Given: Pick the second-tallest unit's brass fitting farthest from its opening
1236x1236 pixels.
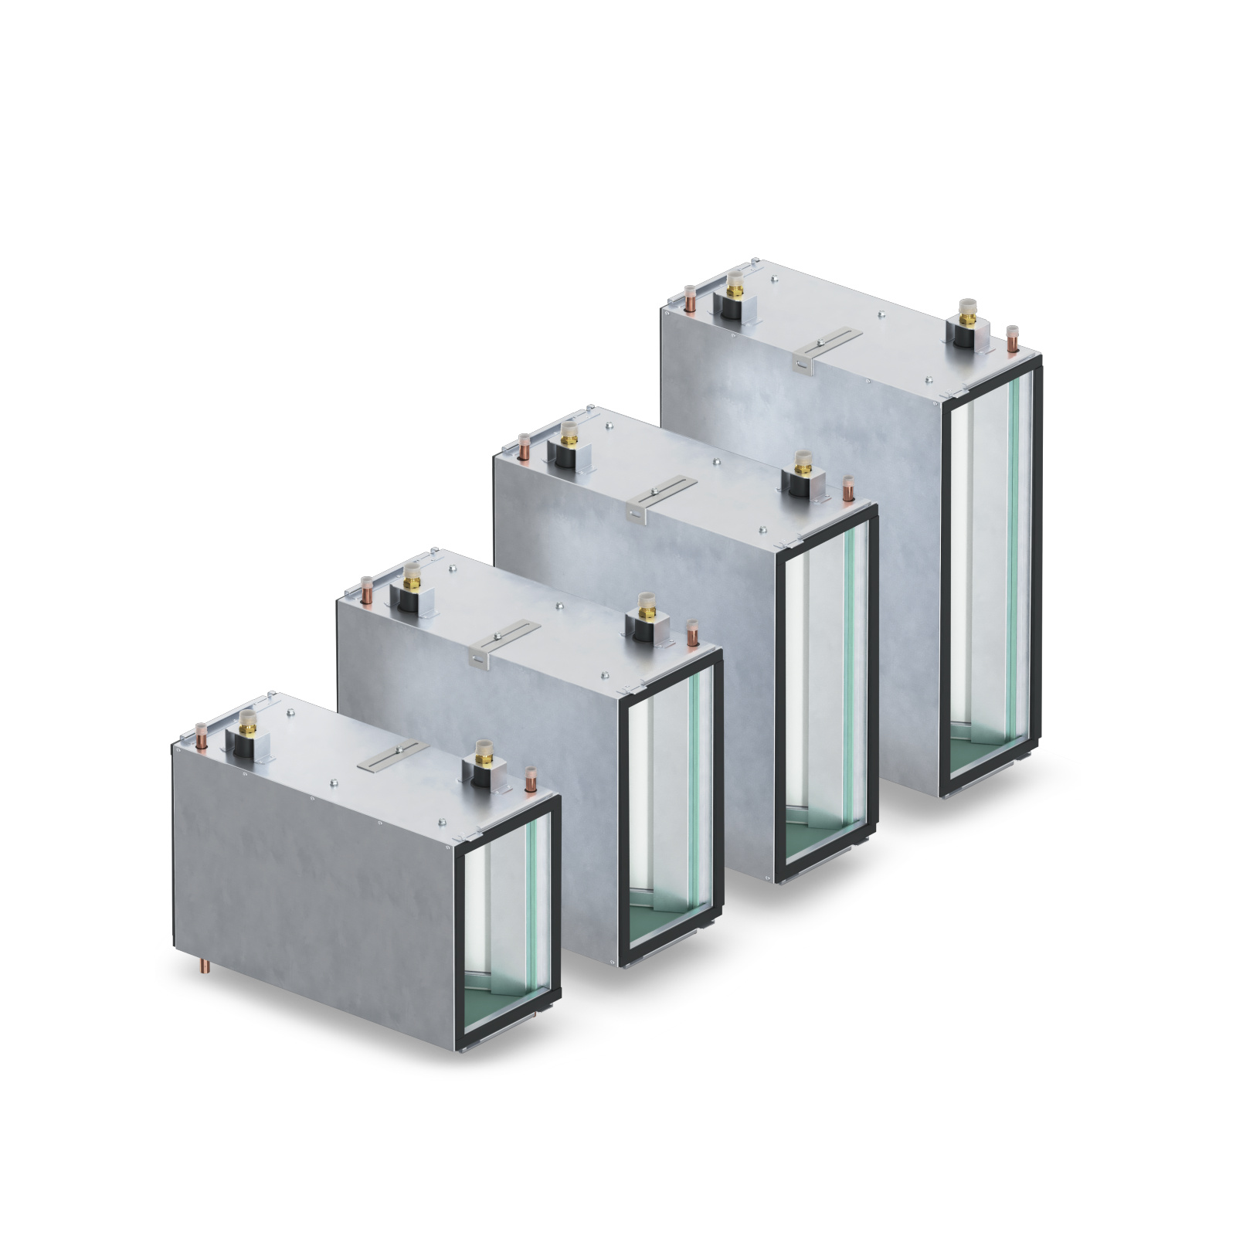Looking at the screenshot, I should (569, 435).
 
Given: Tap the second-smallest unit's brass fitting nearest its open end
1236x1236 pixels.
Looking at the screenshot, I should (643, 605).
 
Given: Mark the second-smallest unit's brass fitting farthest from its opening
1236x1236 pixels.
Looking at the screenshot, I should (412, 578).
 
